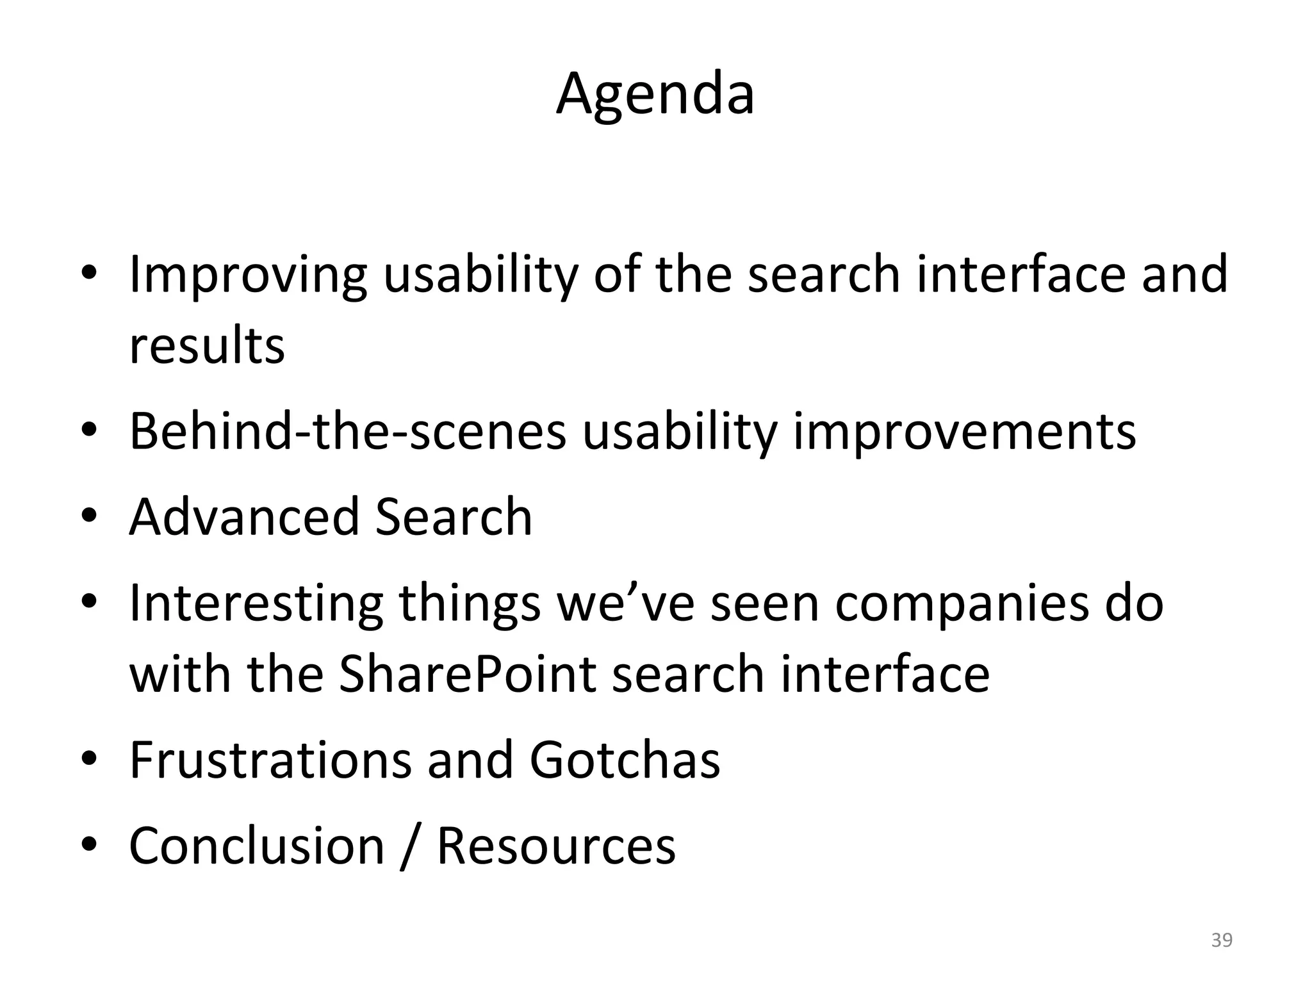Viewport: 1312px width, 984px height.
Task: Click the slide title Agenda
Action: (x=655, y=95)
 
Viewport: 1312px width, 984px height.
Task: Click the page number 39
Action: (x=1222, y=940)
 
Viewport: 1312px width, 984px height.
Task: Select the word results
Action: (x=207, y=346)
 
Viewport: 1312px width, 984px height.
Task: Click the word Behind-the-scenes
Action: (x=348, y=431)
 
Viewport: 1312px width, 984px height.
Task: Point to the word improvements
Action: (x=965, y=431)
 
